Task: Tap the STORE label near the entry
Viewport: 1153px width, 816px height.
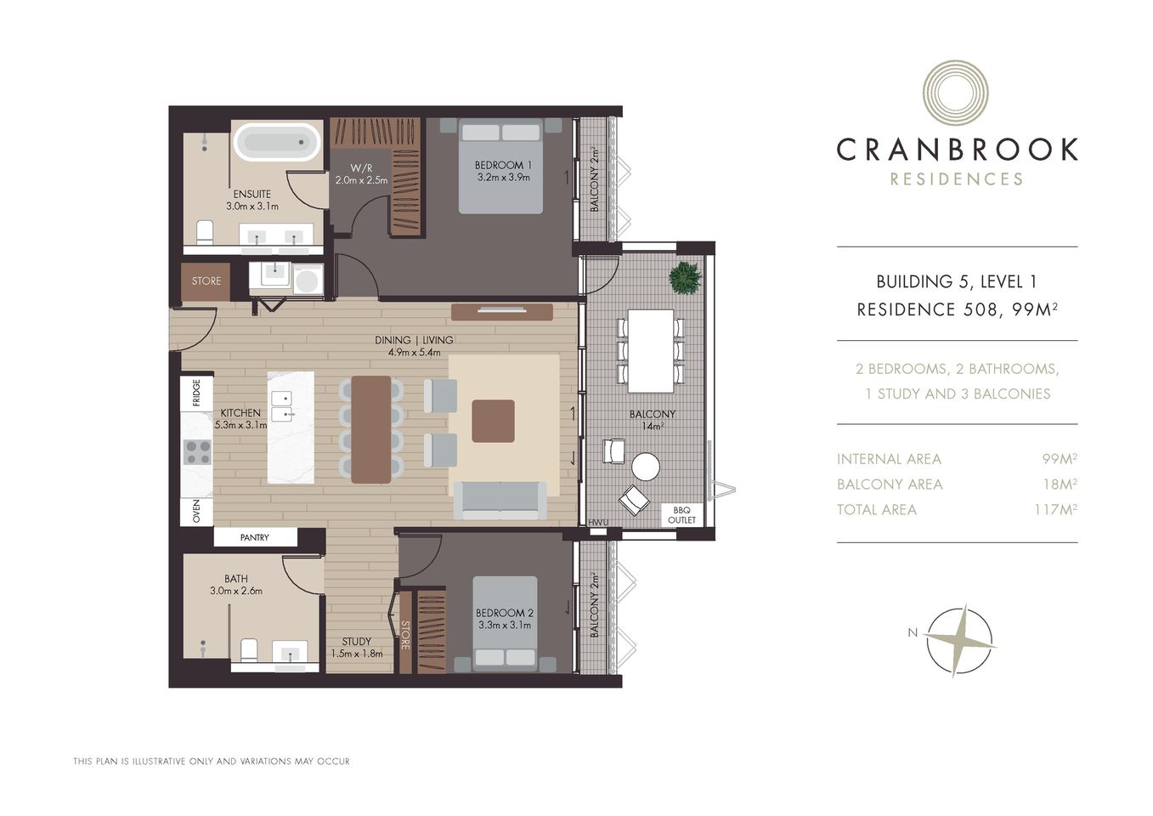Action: coord(206,281)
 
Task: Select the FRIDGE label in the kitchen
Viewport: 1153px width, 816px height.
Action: coord(196,394)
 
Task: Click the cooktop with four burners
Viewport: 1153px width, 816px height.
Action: coord(197,451)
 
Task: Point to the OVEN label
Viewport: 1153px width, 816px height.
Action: coord(196,511)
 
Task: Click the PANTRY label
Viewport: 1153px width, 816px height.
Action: coord(254,537)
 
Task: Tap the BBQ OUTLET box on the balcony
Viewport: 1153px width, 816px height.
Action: coord(681,515)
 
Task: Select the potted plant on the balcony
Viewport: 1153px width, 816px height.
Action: coord(685,278)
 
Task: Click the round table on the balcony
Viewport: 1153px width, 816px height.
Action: coord(645,466)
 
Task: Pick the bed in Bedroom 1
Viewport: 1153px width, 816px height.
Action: coord(500,166)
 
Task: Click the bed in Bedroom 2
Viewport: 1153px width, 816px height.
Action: coord(505,623)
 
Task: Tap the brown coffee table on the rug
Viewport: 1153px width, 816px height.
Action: coord(493,421)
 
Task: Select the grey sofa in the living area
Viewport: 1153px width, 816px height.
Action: coord(500,501)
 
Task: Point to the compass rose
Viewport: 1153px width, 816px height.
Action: coord(958,640)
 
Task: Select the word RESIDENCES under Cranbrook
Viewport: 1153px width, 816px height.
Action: coord(956,179)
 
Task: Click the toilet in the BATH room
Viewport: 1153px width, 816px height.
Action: coord(249,651)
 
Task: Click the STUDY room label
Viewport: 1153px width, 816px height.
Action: coord(356,642)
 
